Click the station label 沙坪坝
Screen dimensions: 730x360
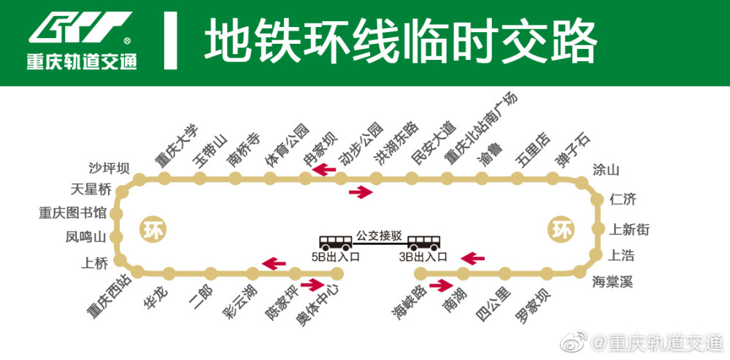point(109,168)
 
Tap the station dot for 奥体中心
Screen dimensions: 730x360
point(337,273)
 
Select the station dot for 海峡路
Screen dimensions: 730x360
point(420,273)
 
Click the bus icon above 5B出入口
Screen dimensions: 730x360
point(335,242)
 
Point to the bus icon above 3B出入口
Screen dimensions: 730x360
point(423,242)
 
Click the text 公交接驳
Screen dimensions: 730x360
point(379,235)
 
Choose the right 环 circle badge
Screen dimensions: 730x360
point(560,230)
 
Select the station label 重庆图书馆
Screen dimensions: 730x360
point(72,213)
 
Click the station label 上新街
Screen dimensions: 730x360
point(629,229)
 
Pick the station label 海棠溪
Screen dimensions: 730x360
point(612,282)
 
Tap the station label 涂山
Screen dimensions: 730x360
point(606,170)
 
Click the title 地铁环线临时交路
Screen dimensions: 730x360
point(400,40)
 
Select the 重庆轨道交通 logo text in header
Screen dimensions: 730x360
point(82,61)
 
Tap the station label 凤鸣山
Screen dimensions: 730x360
point(86,237)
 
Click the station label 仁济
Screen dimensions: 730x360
point(623,200)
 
